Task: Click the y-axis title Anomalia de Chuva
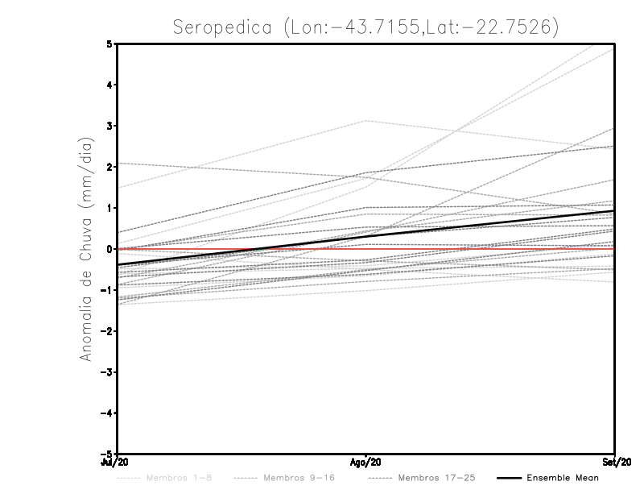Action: pos(85,249)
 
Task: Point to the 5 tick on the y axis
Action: pos(109,44)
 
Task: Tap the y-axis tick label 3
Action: pos(109,126)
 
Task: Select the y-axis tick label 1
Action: pos(109,208)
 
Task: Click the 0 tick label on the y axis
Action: pos(109,249)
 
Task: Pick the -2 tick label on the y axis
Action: pos(107,331)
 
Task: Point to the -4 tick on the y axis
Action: pos(107,413)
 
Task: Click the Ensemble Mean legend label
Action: pos(563,479)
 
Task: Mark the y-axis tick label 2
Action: pos(109,167)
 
